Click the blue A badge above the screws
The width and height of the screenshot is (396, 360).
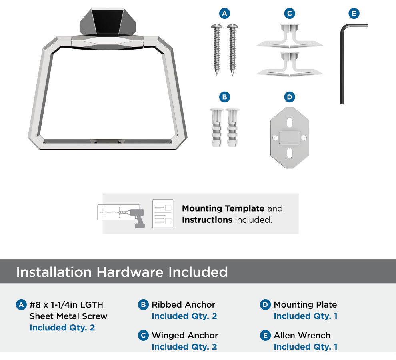pyautogui.click(x=224, y=13)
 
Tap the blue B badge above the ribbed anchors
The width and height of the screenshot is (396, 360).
pyautogui.click(x=224, y=97)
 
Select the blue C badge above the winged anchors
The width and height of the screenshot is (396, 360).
pyautogui.click(x=290, y=13)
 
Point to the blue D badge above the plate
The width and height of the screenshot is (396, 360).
pyautogui.click(x=290, y=97)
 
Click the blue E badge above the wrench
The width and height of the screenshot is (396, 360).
pyautogui.click(x=354, y=13)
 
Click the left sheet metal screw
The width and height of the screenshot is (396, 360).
pyautogui.click(x=217, y=49)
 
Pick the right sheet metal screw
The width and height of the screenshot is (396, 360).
pyautogui.click(x=232, y=49)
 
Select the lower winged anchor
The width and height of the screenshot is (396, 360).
pyautogui.click(x=290, y=64)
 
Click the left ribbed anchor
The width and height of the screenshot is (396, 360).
pyautogui.click(x=216, y=128)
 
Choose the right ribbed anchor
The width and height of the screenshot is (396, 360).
pyautogui.click(x=232, y=128)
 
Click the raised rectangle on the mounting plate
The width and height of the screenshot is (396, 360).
pyautogui.click(x=290, y=138)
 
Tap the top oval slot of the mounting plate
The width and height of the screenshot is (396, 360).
pyautogui.click(x=290, y=122)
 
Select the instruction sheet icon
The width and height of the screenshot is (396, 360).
pyautogui.click(x=163, y=214)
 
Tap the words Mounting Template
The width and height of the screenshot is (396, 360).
pyautogui.click(x=223, y=208)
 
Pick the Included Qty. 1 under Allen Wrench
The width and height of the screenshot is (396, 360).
pyautogui.click(x=306, y=347)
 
